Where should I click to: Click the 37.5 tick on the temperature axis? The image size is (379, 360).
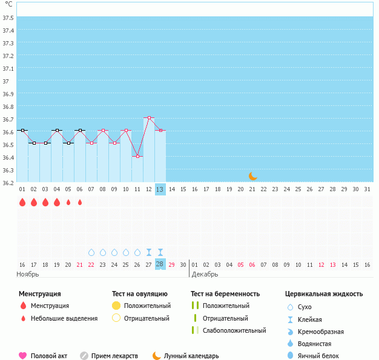click(x=8, y=18)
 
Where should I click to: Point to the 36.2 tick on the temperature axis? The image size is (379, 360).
click(x=8, y=183)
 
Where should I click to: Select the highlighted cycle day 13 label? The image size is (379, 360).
click(x=160, y=189)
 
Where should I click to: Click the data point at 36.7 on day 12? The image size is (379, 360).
click(x=149, y=117)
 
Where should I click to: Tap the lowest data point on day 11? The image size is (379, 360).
click(x=137, y=156)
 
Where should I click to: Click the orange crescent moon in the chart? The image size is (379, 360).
click(x=253, y=176)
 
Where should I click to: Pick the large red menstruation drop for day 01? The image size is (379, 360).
click(x=22, y=202)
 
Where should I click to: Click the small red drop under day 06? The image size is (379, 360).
click(x=79, y=202)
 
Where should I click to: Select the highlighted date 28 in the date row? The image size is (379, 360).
click(x=160, y=264)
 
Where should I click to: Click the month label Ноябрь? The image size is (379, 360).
click(x=28, y=274)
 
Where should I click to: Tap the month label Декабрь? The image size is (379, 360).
click(x=205, y=274)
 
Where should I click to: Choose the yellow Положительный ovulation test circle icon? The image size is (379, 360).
click(x=116, y=306)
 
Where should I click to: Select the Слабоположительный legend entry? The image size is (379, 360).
click(x=234, y=330)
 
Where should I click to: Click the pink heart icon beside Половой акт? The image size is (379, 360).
click(x=23, y=356)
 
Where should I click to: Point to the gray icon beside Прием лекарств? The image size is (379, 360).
click(x=84, y=356)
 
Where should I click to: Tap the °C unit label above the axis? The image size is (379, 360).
click(x=8, y=4)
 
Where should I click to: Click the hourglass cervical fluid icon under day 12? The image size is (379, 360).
click(x=149, y=252)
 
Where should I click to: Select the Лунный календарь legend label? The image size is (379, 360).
click(x=192, y=356)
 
